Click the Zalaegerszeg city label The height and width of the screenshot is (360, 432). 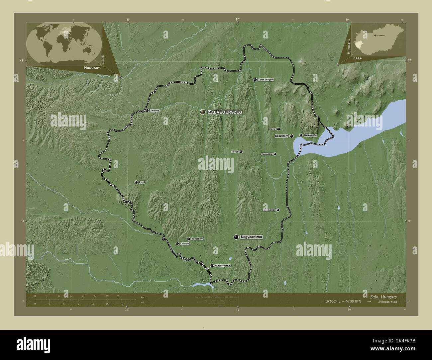[224, 112]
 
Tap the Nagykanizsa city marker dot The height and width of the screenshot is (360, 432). [236, 237]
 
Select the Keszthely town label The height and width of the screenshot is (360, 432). [281, 136]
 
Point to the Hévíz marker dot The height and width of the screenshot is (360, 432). [278, 129]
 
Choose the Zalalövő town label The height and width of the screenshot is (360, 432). [155, 111]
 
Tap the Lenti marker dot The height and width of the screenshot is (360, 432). [136, 182]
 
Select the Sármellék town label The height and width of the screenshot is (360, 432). [267, 154]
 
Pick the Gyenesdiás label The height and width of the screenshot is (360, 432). [310, 135]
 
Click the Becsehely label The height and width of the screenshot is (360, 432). [197, 239]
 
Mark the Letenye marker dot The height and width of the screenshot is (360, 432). [177, 243]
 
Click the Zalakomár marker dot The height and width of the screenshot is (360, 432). [278, 210]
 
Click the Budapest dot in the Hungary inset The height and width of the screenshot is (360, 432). [375, 35]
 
